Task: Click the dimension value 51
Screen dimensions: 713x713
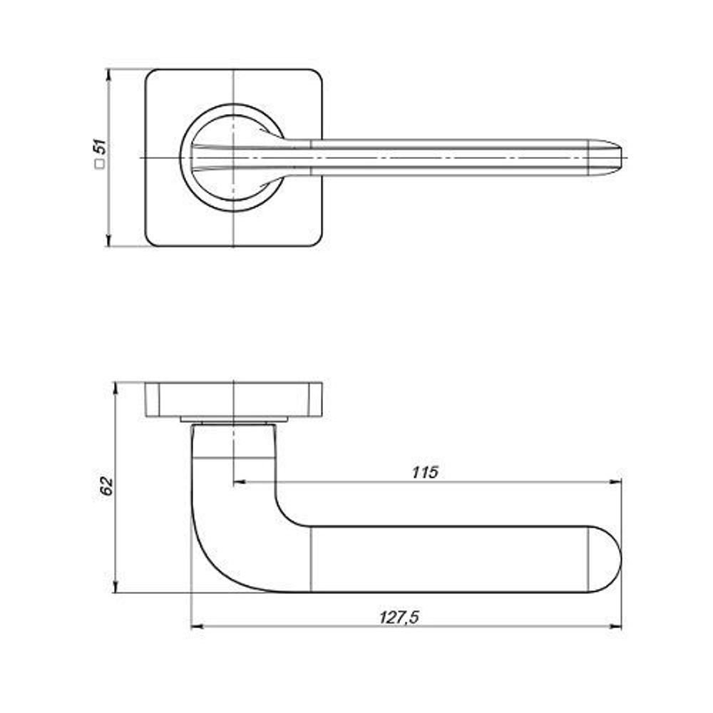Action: click(101, 146)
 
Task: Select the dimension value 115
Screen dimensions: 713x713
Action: click(425, 473)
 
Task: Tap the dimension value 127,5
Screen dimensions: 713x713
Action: click(399, 617)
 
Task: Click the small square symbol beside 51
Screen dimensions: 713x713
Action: click(100, 164)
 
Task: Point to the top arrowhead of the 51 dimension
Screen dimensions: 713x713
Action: click(108, 75)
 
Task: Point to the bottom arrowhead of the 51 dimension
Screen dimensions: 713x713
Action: click(108, 240)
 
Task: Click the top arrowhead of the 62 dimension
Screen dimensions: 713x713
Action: click(116, 389)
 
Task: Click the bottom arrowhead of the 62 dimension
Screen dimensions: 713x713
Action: click(116, 587)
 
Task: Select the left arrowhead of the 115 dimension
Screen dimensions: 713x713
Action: click(239, 481)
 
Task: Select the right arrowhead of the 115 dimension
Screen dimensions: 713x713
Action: click(615, 481)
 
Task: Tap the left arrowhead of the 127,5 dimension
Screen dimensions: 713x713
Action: click(198, 627)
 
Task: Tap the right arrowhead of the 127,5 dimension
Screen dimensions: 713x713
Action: click(615, 627)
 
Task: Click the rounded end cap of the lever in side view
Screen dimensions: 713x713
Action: click(605, 559)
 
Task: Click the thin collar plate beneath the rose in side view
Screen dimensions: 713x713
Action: click(234, 419)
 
